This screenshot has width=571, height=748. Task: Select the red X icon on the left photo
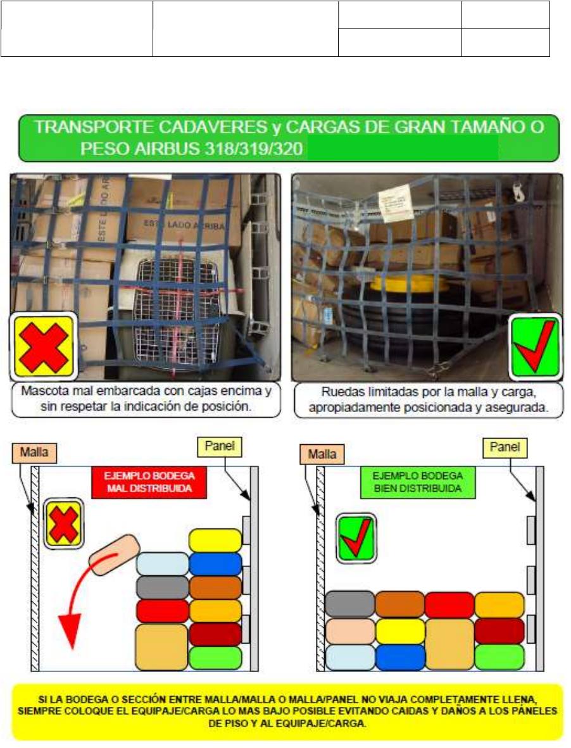[44, 346]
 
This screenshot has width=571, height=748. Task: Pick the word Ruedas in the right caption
[342, 392]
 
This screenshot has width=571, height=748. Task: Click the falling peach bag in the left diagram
[113, 554]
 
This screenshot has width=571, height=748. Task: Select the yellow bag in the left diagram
[215, 540]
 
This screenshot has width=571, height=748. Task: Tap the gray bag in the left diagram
[162, 588]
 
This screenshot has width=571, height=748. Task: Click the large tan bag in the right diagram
[449, 644]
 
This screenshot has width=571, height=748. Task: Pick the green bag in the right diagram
[499, 657]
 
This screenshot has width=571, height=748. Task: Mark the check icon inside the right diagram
[356, 538]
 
